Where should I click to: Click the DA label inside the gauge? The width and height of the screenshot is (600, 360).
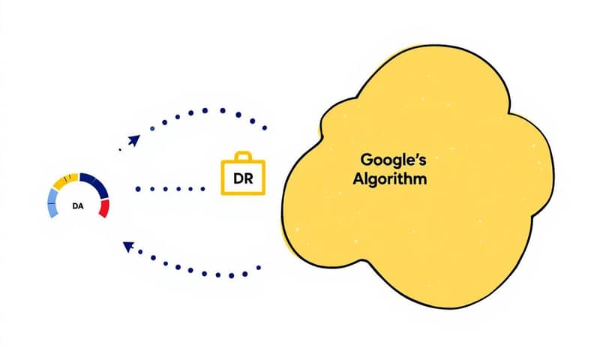click(78, 204)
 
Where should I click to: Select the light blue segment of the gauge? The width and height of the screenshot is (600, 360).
click(52, 200)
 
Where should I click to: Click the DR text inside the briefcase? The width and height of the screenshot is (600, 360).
click(241, 180)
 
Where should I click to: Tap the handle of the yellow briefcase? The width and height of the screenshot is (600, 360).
click(242, 157)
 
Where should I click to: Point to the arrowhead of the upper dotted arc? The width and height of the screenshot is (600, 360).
click(134, 139)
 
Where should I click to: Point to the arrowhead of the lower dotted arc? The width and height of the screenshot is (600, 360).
click(127, 245)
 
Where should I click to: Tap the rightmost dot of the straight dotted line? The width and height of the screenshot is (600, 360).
click(202, 189)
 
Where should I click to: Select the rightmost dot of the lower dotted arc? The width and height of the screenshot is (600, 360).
click(259, 268)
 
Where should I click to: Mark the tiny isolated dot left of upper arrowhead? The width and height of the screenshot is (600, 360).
click(120, 149)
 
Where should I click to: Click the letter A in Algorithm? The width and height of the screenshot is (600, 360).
click(358, 180)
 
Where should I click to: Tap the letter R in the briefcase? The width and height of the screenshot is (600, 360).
click(247, 180)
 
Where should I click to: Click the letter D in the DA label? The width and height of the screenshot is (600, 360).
click(75, 204)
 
